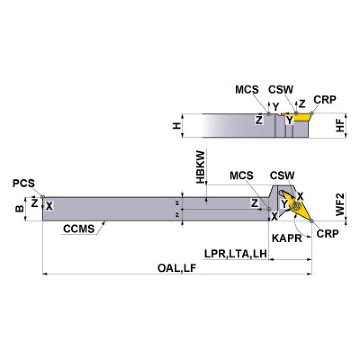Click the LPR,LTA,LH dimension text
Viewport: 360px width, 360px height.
tap(235, 254)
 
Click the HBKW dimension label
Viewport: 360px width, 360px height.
tap(201, 167)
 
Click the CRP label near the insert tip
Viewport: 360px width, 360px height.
tap(327, 233)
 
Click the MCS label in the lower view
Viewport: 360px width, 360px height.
tap(242, 176)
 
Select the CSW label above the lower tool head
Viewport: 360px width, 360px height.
tap(283, 176)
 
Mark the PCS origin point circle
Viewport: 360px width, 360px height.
tap(43, 197)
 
